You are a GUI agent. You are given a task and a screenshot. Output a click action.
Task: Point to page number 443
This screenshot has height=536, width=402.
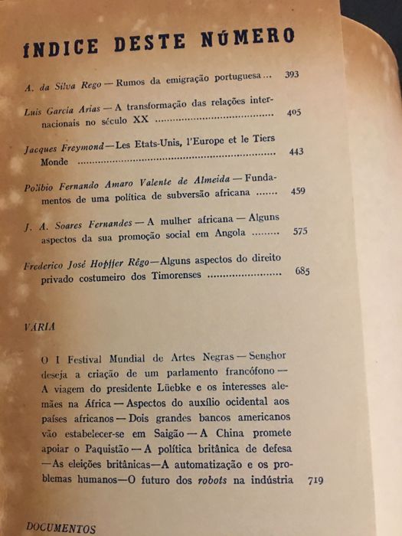[296, 152]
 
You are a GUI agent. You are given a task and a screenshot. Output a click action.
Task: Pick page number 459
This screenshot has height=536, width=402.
[299, 191]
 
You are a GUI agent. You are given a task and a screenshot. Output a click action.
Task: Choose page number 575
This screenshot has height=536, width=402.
[299, 230]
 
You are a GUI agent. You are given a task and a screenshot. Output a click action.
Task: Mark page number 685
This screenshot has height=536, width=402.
[303, 271]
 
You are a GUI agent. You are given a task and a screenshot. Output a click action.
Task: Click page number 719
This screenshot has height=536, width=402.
[314, 481]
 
